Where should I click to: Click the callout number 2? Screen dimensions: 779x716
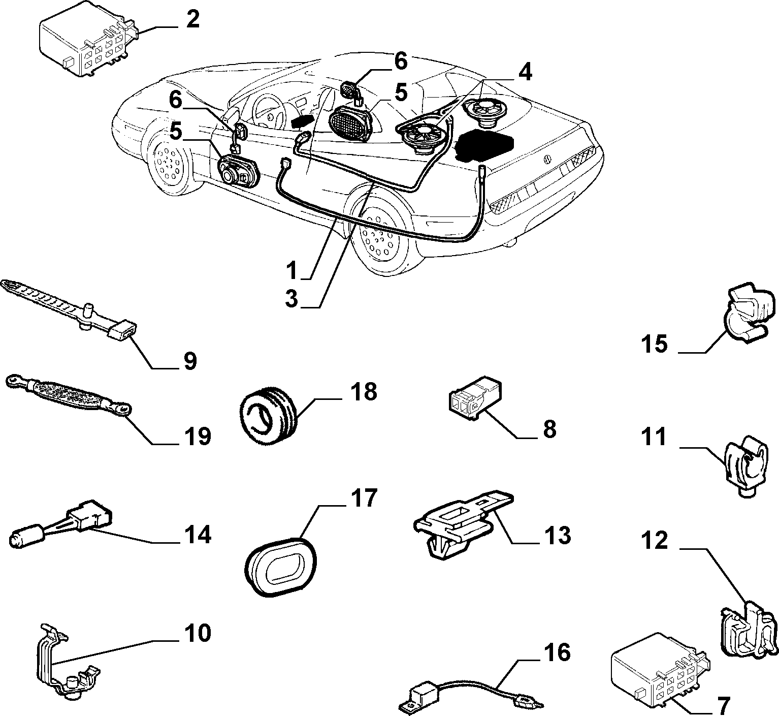(192, 19)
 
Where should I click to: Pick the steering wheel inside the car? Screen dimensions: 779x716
(268, 110)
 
